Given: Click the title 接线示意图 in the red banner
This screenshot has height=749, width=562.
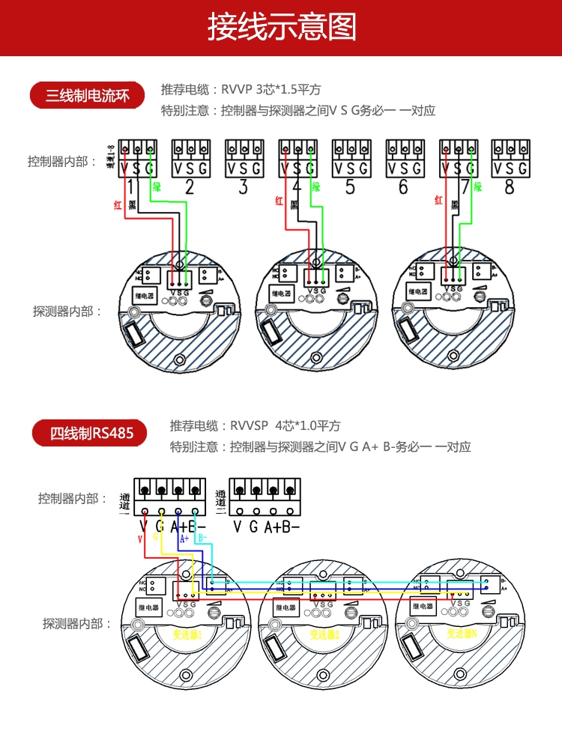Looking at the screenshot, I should pos(281,28).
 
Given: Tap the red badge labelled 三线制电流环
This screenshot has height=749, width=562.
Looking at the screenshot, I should pos(87,96).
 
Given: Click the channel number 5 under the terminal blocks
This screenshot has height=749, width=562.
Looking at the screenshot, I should pos(350,187).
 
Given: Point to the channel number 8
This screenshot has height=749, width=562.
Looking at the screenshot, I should pos(510,187).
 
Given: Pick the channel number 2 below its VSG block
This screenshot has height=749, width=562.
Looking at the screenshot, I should pos(190,187).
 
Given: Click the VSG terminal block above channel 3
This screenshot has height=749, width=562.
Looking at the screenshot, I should pos(244,158).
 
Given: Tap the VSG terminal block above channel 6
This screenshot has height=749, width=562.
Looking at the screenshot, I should pos(403,158).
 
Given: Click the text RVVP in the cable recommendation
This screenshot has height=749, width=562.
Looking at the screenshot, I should pos(237,89).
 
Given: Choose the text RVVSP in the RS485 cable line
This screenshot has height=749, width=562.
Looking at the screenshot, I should pos(250,425).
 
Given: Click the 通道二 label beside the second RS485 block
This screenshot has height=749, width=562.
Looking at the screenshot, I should pos(220,500).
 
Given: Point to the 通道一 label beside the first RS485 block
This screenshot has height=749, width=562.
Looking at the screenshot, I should pos(124,503).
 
